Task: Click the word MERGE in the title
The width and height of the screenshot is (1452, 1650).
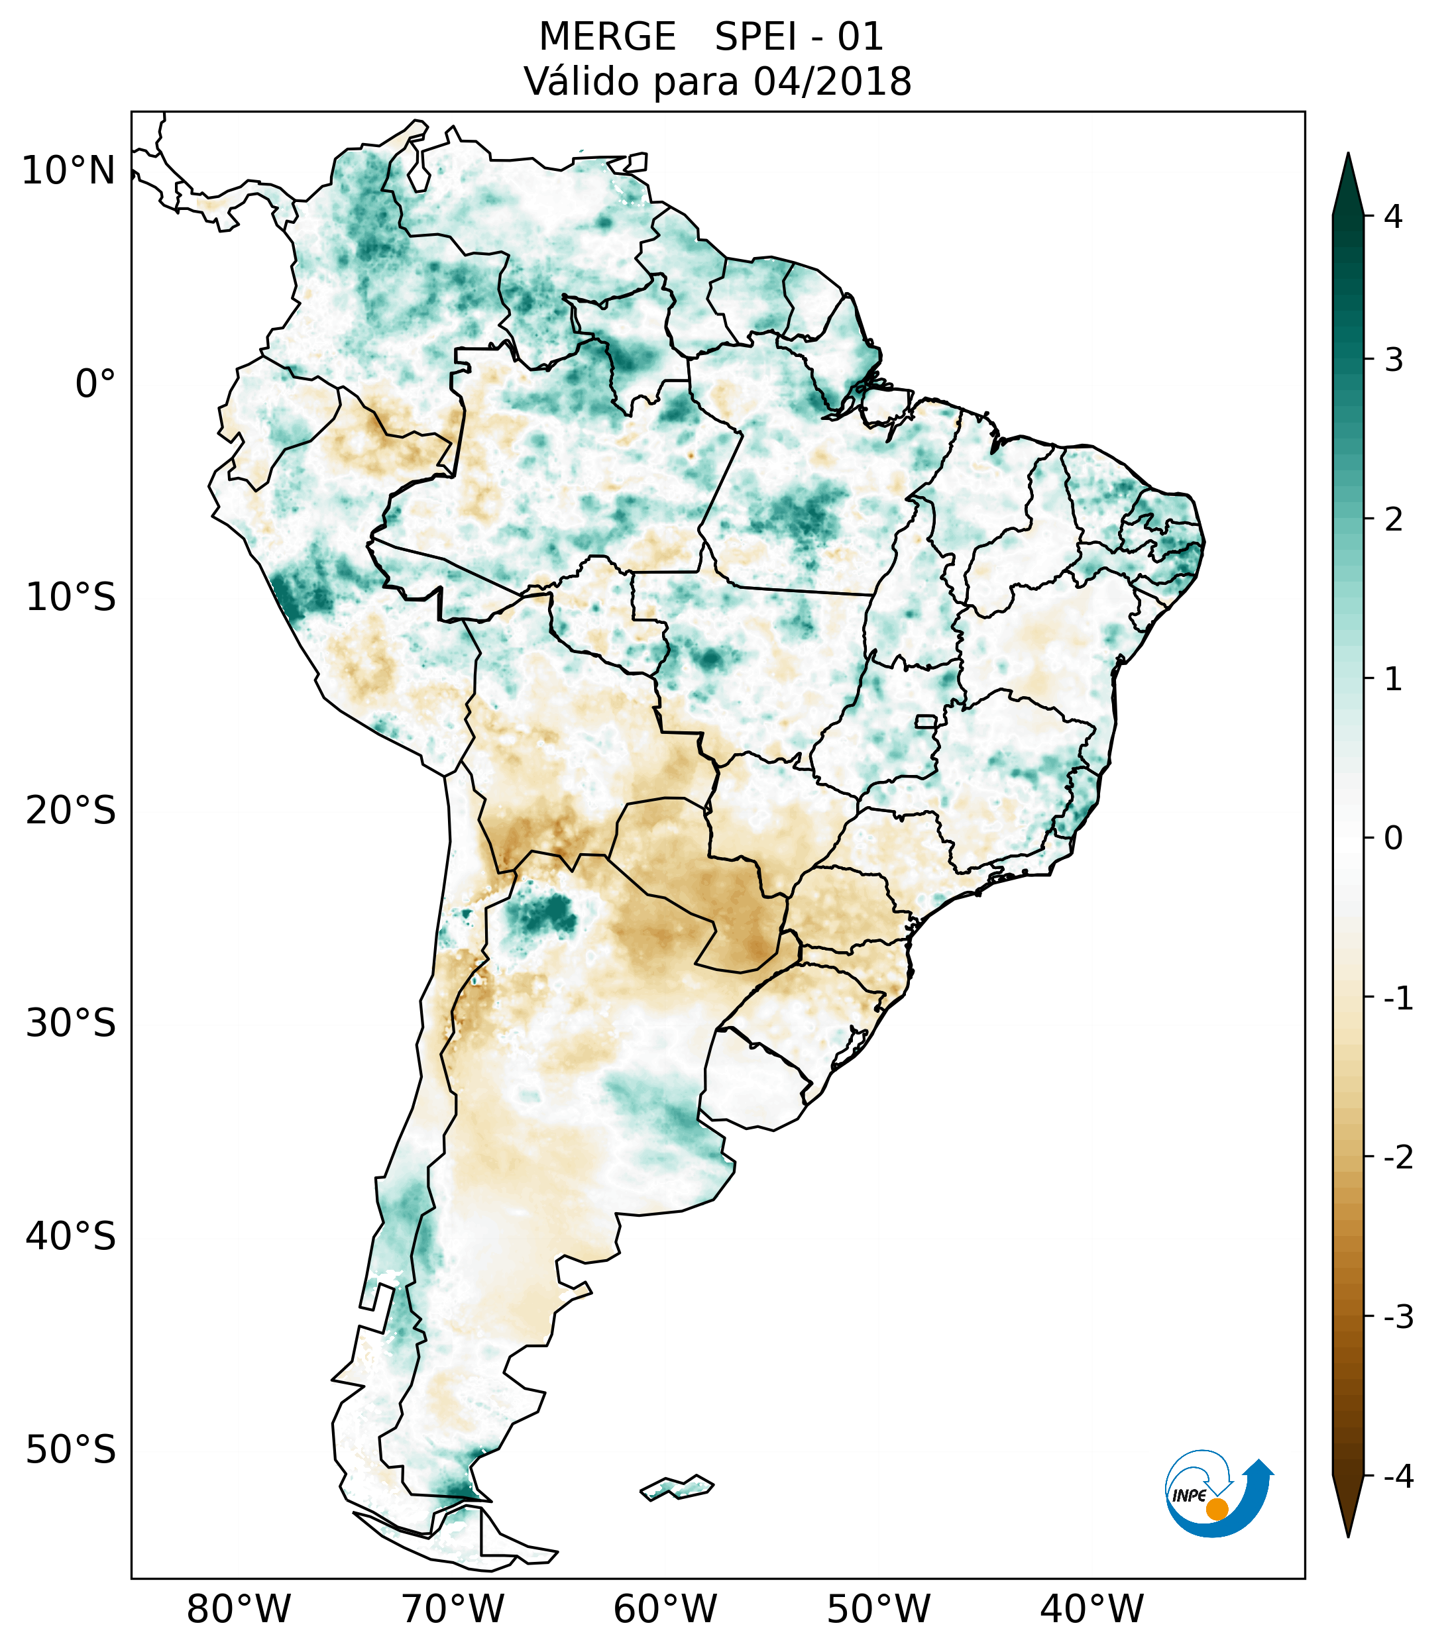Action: (606, 37)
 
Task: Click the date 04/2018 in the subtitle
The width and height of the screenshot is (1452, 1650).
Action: (832, 81)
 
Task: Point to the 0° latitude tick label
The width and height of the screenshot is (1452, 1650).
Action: (95, 384)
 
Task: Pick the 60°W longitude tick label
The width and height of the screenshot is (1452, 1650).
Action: (665, 1609)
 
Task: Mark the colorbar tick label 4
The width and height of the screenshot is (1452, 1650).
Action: (1393, 217)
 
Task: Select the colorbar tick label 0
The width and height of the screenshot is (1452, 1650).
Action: (1393, 839)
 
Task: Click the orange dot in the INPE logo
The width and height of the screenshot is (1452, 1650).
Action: (1216, 1509)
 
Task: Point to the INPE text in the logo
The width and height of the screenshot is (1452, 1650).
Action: (1189, 1495)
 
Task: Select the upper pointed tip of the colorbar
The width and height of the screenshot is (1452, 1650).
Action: (1347, 156)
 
